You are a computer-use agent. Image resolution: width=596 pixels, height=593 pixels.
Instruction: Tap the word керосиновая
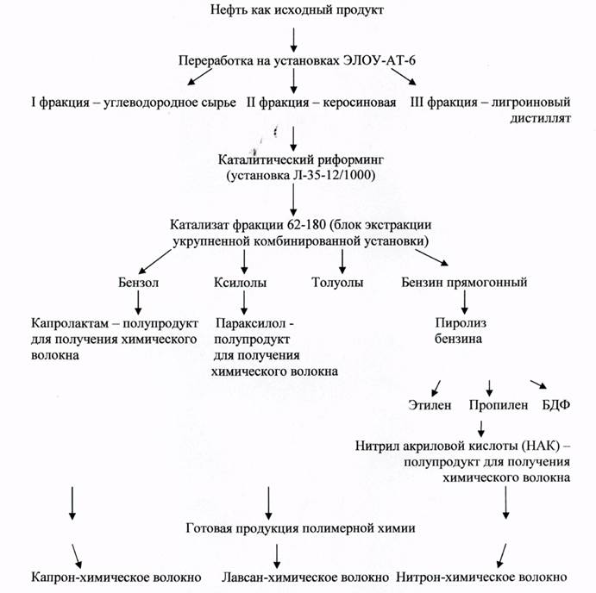pos(361,103)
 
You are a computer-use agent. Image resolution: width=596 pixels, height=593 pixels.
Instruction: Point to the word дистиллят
pos(537,119)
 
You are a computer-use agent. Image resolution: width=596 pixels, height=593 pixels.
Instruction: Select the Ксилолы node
pos(241,282)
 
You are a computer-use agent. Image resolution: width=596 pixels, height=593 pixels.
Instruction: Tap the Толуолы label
pos(337,282)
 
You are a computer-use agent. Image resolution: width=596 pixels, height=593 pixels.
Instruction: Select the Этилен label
pos(428,405)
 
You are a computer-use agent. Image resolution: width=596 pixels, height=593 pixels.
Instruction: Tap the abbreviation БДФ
pos(554,405)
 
